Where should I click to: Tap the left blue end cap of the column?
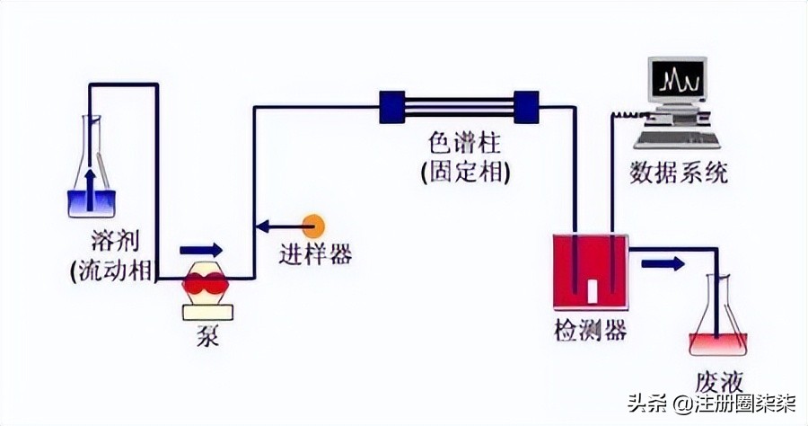tap(391, 106)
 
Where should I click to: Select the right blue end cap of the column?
tap(525, 106)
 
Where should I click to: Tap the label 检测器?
tap(589, 331)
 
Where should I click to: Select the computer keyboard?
tap(676, 138)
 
